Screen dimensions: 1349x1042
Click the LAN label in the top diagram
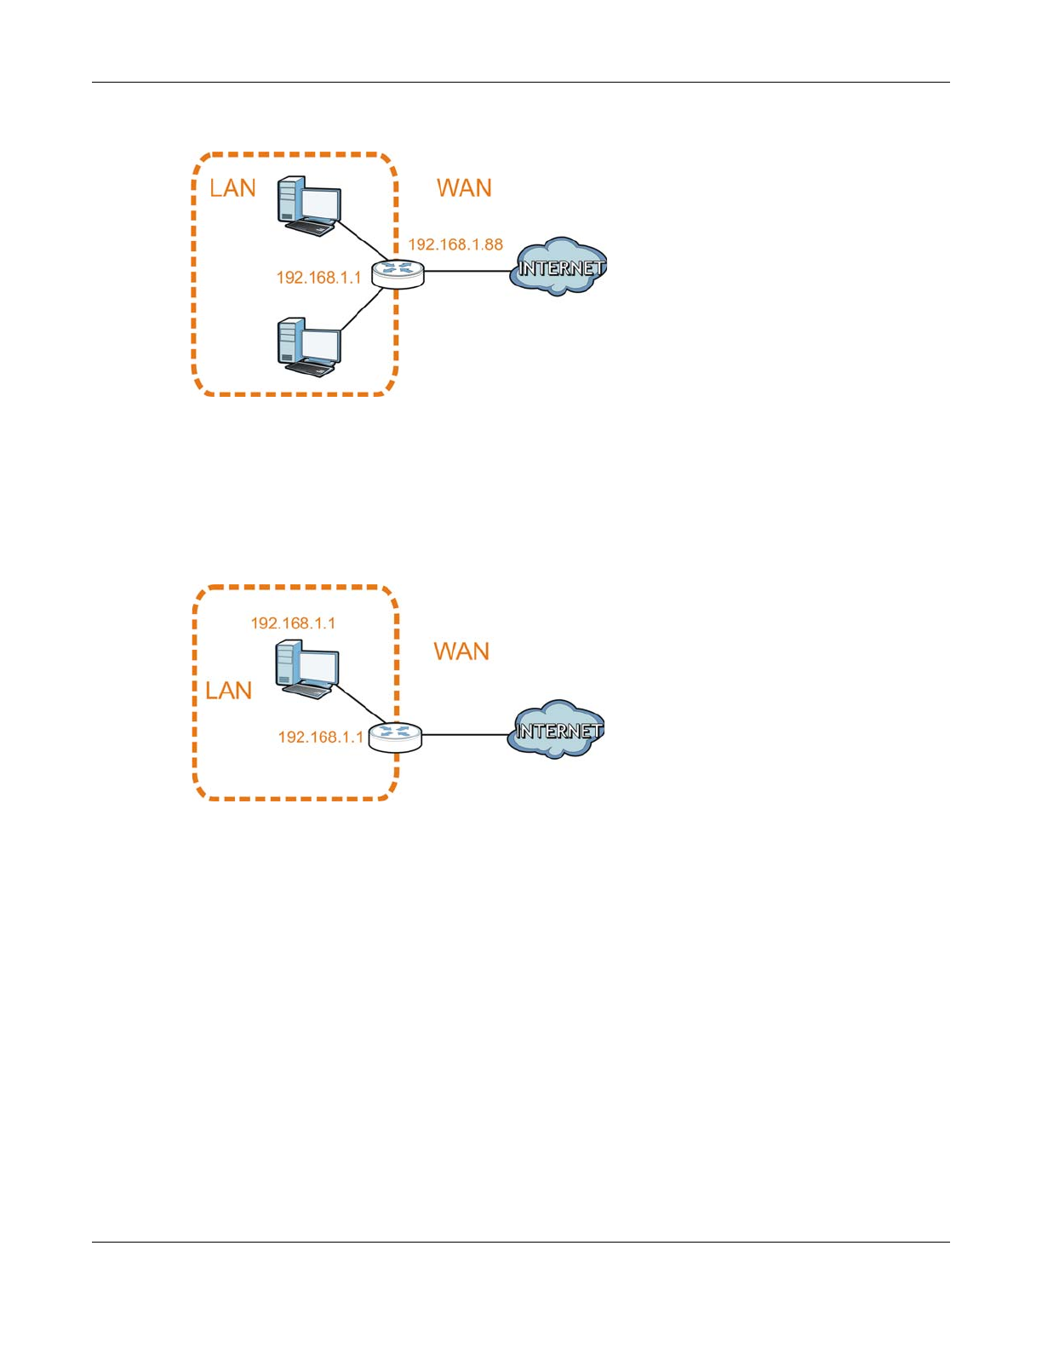pos(232,187)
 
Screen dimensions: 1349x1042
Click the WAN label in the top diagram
pos(464,187)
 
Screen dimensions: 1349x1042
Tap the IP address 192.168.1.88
pos(455,244)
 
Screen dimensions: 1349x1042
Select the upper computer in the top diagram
pos(309,205)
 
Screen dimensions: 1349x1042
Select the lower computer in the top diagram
pos(309,347)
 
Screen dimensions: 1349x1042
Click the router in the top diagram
pos(398,273)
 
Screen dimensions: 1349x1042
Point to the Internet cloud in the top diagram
pos(558,267)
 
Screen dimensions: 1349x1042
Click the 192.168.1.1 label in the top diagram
pos(318,278)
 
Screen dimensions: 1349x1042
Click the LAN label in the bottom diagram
pos(229,690)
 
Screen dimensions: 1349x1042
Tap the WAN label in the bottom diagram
pos(461,652)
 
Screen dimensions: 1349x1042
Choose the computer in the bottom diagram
pos(307,669)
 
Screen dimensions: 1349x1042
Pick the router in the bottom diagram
pos(395,736)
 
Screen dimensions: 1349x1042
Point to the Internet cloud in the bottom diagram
pos(557,731)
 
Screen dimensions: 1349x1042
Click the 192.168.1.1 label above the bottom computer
pos(293,623)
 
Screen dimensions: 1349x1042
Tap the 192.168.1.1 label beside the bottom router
pos(320,738)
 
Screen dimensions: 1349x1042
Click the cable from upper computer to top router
pos(362,242)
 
